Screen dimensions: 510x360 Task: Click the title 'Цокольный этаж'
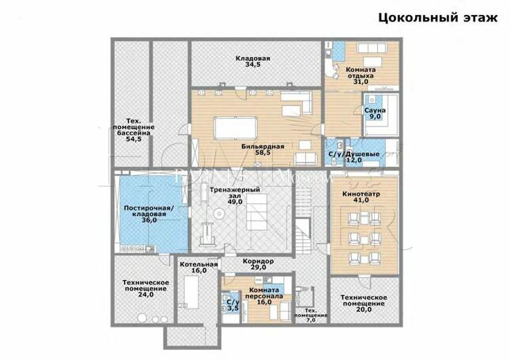[438, 17]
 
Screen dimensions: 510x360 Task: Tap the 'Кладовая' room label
[253, 59]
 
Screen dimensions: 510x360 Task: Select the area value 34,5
[253, 65]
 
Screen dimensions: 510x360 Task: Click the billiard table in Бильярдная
[236, 128]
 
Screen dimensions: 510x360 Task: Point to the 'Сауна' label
[375, 111]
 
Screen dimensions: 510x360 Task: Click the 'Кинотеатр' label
[361, 194]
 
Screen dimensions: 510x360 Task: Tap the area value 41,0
[361, 200]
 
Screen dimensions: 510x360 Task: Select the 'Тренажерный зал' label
[235, 193]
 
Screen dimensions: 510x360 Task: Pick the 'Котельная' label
[198, 264]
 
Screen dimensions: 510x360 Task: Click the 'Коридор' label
[259, 261]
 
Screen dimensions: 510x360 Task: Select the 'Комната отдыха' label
[361, 73]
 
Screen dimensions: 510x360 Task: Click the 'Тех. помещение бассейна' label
[134, 127]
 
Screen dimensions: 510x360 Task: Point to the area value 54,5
[134, 139]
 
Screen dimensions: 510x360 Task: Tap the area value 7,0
[311, 320]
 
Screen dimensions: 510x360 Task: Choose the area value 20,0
[364, 310]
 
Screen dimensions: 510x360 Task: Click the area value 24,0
[145, 295]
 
